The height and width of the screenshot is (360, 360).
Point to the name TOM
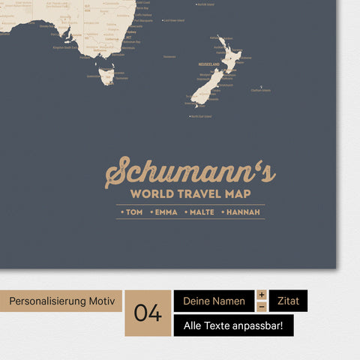(133, 212)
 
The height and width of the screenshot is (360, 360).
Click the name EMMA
(165, 212)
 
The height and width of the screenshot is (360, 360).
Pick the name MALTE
(201, 212)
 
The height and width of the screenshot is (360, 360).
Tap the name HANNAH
(242, 212)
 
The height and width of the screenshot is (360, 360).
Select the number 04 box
(148, 313)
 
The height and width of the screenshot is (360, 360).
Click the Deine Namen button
(214, 301)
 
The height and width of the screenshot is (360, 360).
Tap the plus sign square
(262, 295)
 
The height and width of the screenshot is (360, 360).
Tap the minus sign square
(262, 307)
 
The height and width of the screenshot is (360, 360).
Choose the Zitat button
(288, 301)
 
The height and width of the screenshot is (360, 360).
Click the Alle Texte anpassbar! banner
(233, 325)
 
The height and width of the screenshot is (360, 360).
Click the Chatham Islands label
(261, 91)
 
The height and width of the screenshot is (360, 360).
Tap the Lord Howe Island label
(174, 21)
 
